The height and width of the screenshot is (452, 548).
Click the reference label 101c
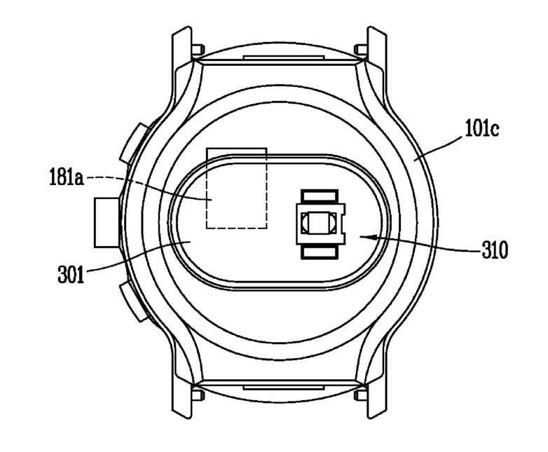tap(482, 128)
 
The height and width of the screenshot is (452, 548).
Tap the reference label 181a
tap(67, 177)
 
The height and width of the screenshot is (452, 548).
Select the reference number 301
tap(71, 274)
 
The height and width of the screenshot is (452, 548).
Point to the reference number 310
tap(495, 250)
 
